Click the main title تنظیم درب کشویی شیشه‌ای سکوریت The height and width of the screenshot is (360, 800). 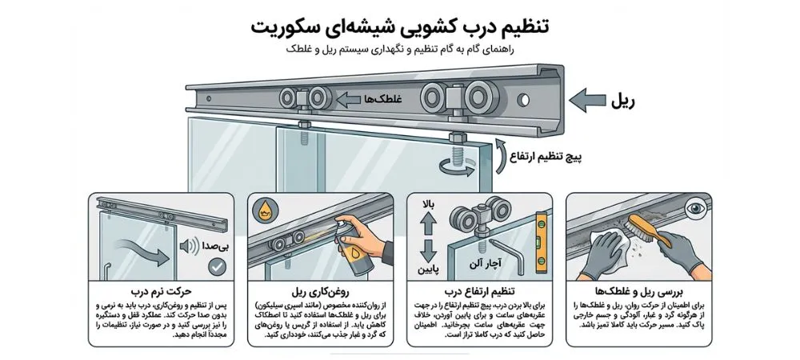click(399, 26)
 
